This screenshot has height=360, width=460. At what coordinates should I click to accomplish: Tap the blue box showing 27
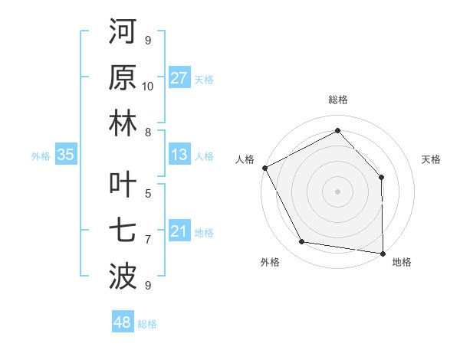179,78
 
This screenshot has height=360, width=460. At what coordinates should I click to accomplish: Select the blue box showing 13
179,155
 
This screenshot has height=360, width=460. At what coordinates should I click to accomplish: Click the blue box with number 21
179,231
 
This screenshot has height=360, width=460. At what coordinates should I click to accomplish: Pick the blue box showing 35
66,155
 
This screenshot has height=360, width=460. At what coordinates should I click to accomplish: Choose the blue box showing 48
122,322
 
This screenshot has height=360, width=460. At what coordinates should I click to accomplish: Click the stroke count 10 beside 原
148,86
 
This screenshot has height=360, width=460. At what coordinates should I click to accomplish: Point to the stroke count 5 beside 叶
148,194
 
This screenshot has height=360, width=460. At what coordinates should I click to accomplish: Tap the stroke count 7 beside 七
148,240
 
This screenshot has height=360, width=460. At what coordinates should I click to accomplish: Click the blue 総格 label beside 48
147,324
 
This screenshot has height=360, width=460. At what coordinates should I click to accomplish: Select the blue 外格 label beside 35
41,156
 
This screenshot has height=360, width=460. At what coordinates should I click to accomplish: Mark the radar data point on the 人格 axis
264,167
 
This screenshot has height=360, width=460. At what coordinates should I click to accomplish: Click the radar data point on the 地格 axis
383,253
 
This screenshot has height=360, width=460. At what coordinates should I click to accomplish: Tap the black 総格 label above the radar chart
338,100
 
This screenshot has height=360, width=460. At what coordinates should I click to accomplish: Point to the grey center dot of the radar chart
338,191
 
